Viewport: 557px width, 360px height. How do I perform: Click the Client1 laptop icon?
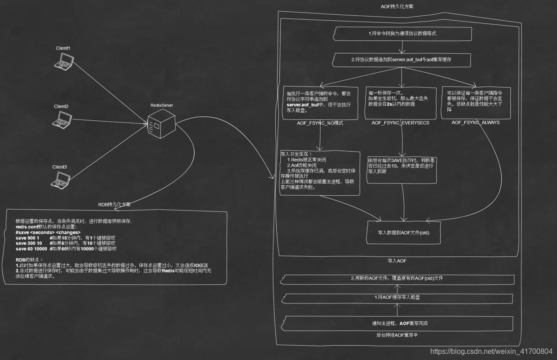point(63,61)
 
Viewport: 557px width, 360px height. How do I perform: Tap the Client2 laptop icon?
point(62,119)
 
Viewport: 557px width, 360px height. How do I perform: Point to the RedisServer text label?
point(162,105)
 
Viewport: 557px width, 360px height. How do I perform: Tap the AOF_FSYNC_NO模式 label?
point(320,123)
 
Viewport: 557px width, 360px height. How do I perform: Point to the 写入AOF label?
point(397,260)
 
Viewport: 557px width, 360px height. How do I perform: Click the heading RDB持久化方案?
point(115,204)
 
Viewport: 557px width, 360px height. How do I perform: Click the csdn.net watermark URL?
point(491,351)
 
